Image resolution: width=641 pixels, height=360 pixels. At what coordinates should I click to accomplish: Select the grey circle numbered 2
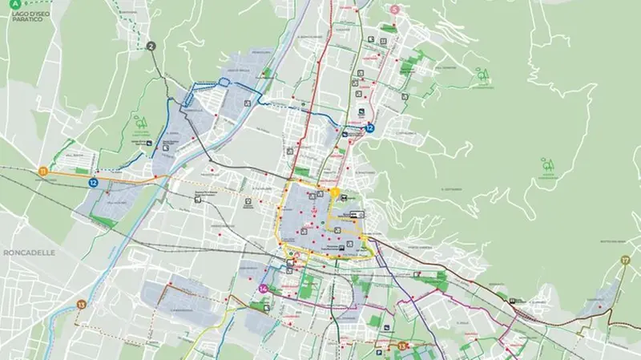[151, 46]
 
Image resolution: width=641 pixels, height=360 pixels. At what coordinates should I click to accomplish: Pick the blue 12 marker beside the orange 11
[94, 183]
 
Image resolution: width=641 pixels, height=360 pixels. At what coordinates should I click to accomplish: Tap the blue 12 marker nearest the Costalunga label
[369, 128]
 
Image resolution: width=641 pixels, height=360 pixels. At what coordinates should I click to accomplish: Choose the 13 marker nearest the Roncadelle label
[81, 305]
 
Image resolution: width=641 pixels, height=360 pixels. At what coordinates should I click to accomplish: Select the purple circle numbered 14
[263, 289]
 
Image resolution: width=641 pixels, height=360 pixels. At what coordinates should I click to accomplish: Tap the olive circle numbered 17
[624, 261]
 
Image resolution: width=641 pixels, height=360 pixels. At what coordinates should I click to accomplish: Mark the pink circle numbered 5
[395, 10]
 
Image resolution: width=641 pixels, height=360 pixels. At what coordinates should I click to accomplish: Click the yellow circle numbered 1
[336, 192]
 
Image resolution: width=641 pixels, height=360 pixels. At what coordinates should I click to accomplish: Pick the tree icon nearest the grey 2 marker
[141, 123]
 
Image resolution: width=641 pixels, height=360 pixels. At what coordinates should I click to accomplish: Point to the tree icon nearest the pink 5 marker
[483, 77]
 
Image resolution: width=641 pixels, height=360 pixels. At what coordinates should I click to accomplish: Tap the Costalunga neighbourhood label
[405, 133]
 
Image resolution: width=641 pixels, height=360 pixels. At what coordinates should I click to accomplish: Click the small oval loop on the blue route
[225, 80]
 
